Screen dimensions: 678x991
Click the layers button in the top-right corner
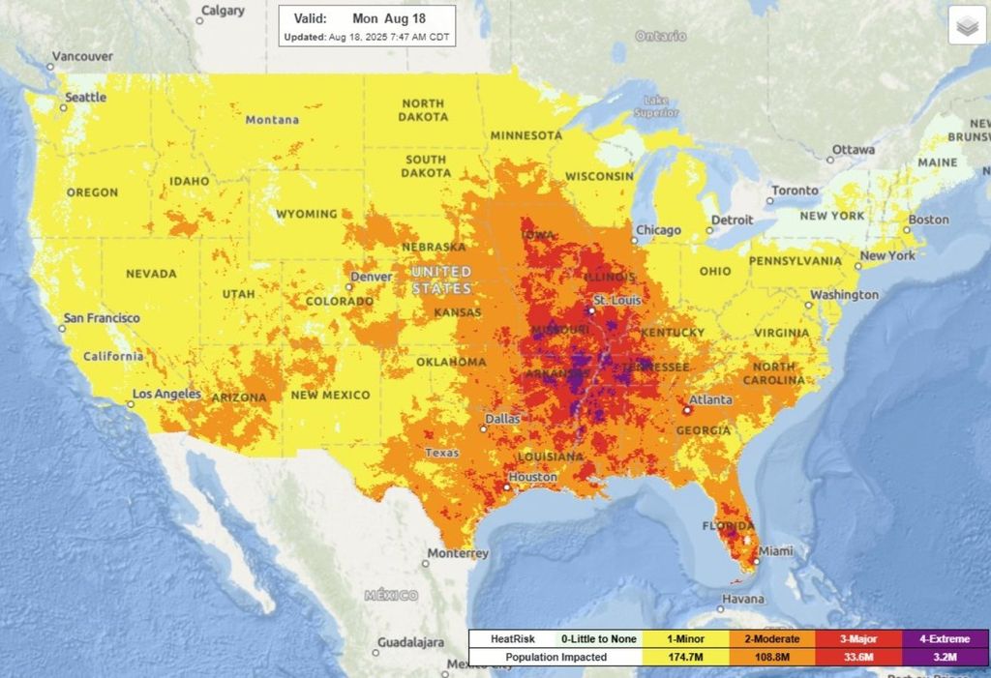tap(966, 27)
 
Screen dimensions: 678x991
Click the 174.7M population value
tap(683, 658)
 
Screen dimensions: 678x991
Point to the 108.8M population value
tap(771, 658)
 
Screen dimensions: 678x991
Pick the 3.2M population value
tap(945, 658)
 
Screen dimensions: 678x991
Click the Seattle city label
tap(85, 98)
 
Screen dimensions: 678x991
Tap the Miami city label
tap(775, 551)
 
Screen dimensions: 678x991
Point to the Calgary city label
tap(222, 12)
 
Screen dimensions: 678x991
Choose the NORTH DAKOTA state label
tap(423, 110)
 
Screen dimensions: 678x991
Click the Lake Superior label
tap(656, 106)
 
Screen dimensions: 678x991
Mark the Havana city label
tap(743, 599)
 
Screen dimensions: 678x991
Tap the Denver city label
tap(372, 277)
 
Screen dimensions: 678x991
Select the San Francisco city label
tap(102, 318)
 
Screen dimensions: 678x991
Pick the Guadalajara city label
tap(411, 643)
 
